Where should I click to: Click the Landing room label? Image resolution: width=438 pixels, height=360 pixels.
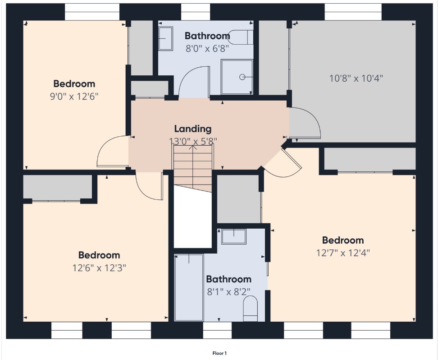(193, 129)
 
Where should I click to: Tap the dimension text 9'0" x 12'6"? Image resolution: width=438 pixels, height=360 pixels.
(74, 97)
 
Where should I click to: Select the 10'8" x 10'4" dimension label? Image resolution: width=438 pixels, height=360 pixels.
(356, 78)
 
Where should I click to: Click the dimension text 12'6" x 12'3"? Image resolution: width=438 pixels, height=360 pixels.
(99, 268)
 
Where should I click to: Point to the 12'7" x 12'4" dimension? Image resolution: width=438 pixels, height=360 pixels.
(343, 253)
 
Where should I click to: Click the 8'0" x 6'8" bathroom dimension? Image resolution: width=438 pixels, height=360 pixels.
(207, 49)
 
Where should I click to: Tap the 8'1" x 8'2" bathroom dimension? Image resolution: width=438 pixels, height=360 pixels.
(228, 292)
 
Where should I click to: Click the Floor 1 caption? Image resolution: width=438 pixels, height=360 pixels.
(219, 353)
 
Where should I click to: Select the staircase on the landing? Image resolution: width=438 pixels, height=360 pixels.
(193, 168)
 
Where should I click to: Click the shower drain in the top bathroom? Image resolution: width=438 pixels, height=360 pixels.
(242, 77)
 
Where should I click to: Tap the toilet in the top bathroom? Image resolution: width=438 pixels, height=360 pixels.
(240, 37)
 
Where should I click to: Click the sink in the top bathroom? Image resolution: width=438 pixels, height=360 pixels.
(166, 39)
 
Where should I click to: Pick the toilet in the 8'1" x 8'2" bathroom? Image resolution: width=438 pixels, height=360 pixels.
(250, 309)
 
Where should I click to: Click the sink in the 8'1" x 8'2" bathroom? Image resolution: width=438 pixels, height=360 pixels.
(234, 236)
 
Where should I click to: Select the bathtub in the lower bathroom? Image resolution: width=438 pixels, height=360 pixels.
(189, 287)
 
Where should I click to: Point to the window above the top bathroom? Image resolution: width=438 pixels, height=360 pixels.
(196, 12)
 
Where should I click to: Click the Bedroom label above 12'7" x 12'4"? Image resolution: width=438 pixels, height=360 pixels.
(343, 240)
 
